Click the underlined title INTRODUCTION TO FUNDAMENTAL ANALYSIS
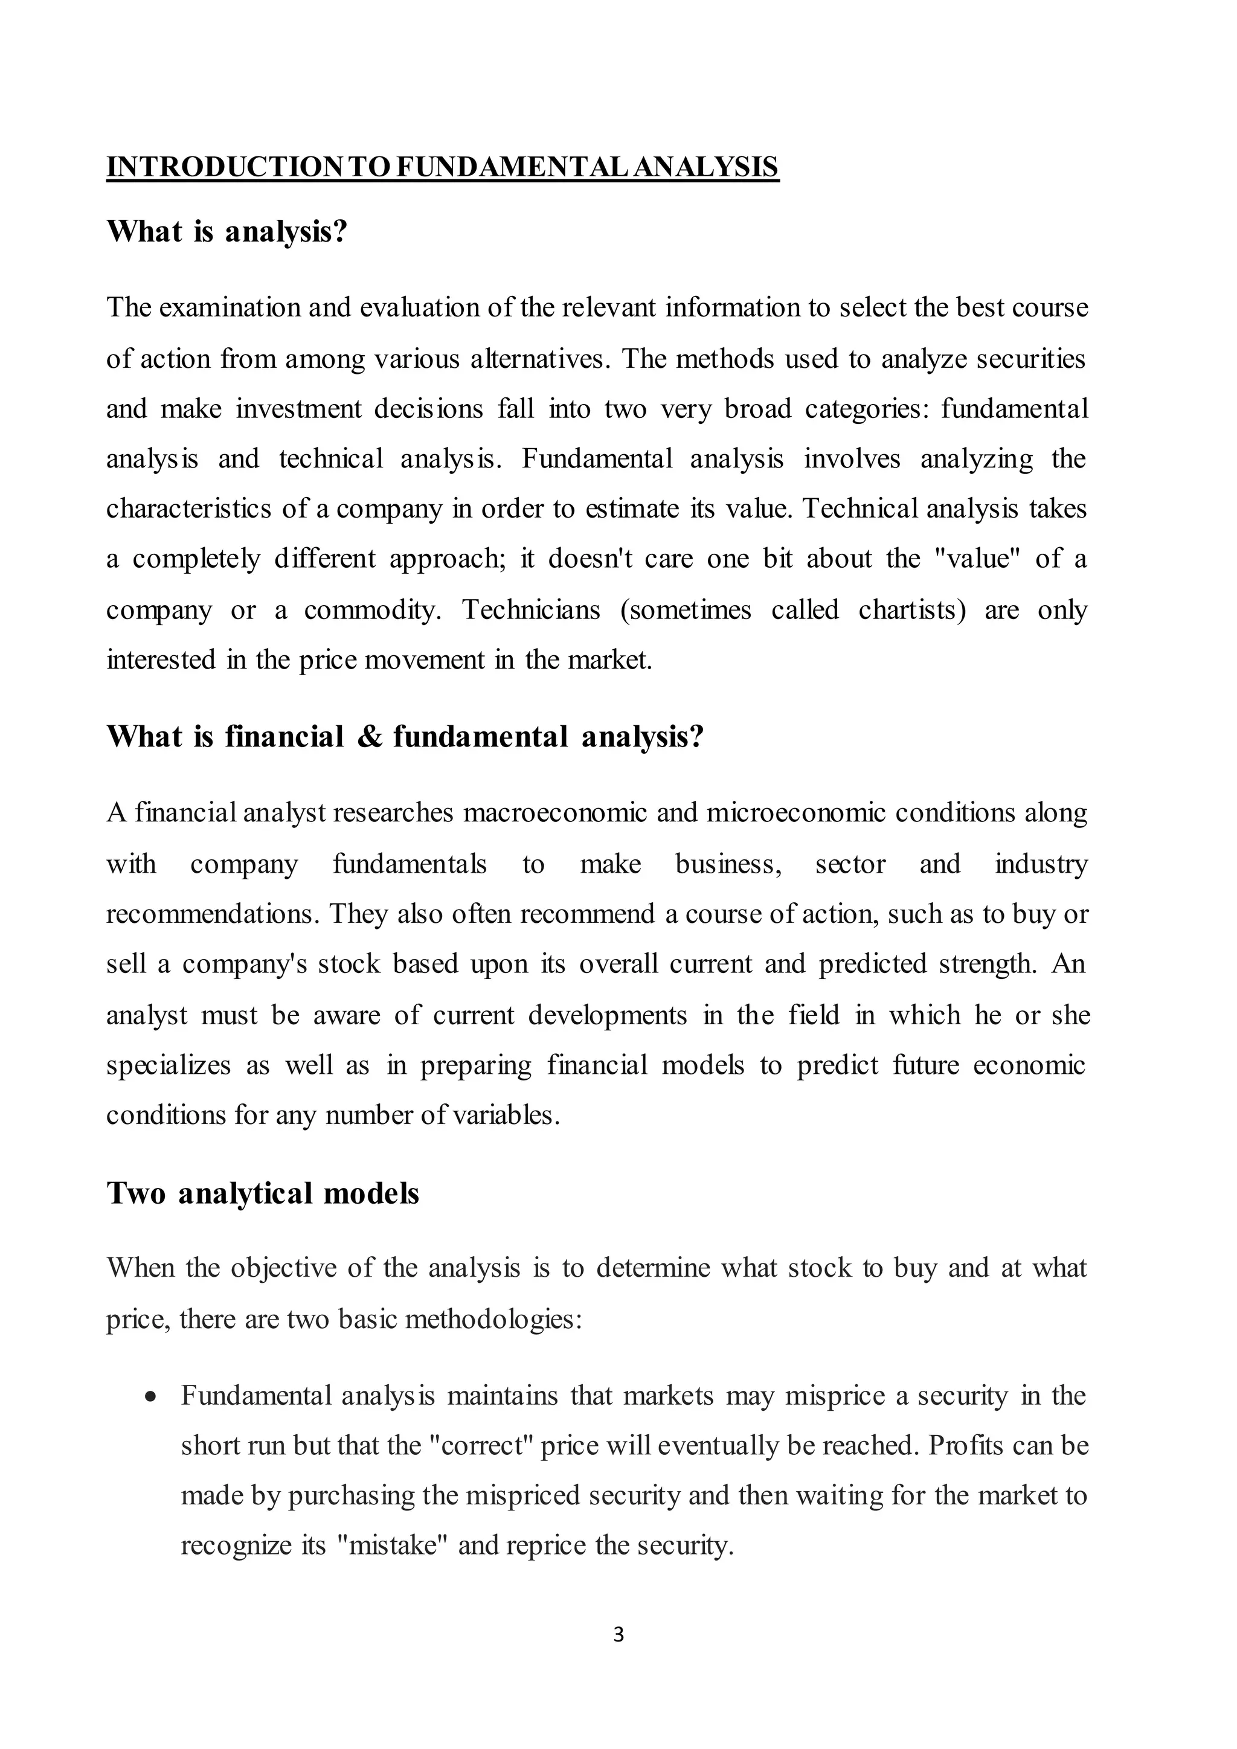coord(442,167)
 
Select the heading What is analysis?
coord(227,231)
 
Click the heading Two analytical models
coord(263,1193)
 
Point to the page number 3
coord(618,1635)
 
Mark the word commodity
coord(371,610)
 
